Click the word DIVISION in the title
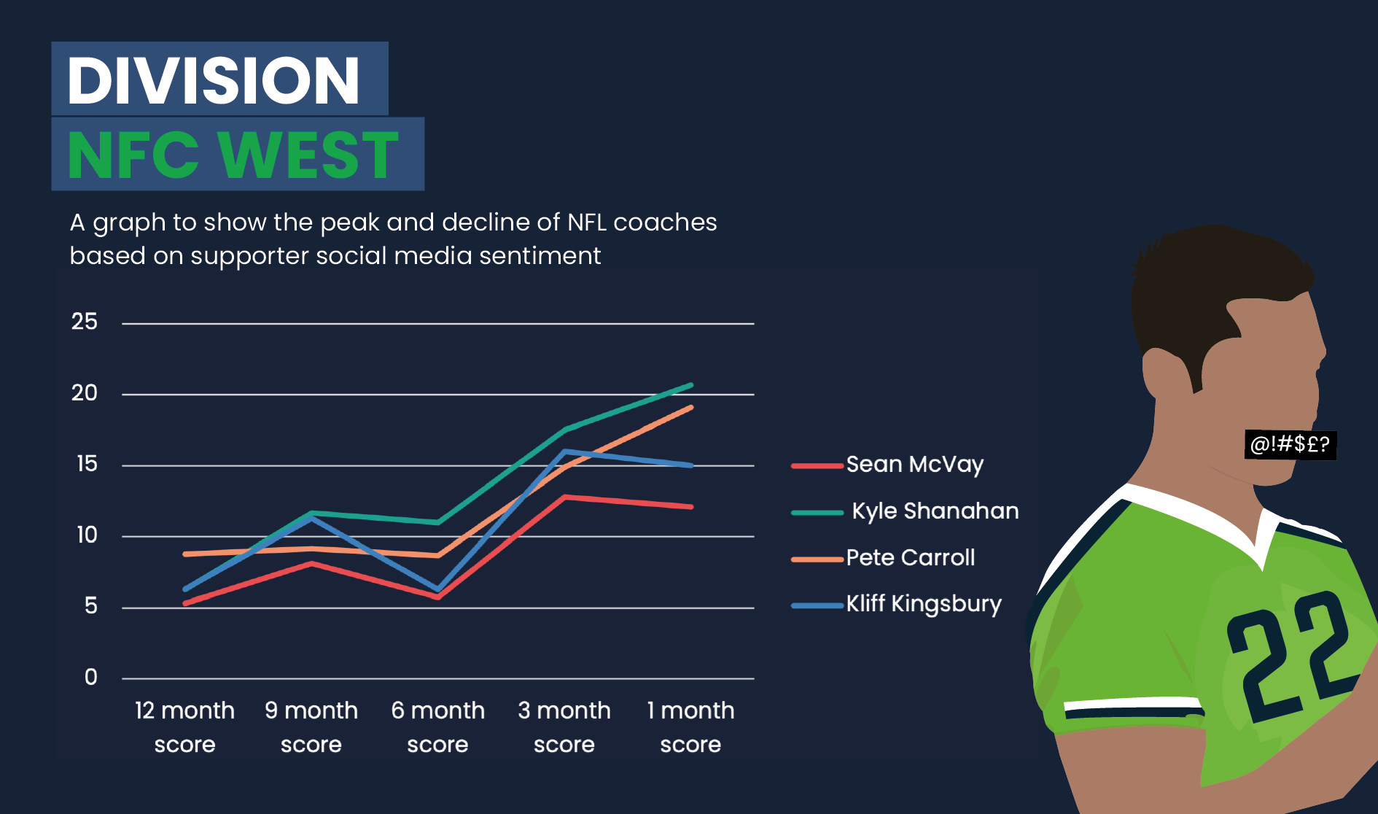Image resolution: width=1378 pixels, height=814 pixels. pos(214,80)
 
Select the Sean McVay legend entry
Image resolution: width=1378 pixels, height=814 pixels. pos(888,465)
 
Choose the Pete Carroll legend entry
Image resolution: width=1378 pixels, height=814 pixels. pos(884,558)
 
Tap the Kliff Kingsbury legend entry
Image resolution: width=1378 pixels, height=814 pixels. pos(897,605)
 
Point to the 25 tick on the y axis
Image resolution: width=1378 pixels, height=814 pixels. pos(85,322)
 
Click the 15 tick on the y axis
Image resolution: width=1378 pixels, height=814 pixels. pos(87,464)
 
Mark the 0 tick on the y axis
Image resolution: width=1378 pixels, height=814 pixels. pos(91,678)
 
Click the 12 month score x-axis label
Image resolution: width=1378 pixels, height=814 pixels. pos(184,727)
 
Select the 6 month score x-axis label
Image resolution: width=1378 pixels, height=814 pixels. pos(437,727)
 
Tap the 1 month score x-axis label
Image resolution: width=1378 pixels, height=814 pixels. pos(690,727)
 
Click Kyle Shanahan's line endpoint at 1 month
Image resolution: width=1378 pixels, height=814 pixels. pos(690,385)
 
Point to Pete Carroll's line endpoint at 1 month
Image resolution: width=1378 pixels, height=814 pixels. pos(690,408)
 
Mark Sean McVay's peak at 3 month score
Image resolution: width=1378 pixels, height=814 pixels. pos(565,497)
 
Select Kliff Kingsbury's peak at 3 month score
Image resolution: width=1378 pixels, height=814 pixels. pos(565,451)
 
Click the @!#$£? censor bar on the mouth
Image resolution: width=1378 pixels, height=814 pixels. pos(1291,444)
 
